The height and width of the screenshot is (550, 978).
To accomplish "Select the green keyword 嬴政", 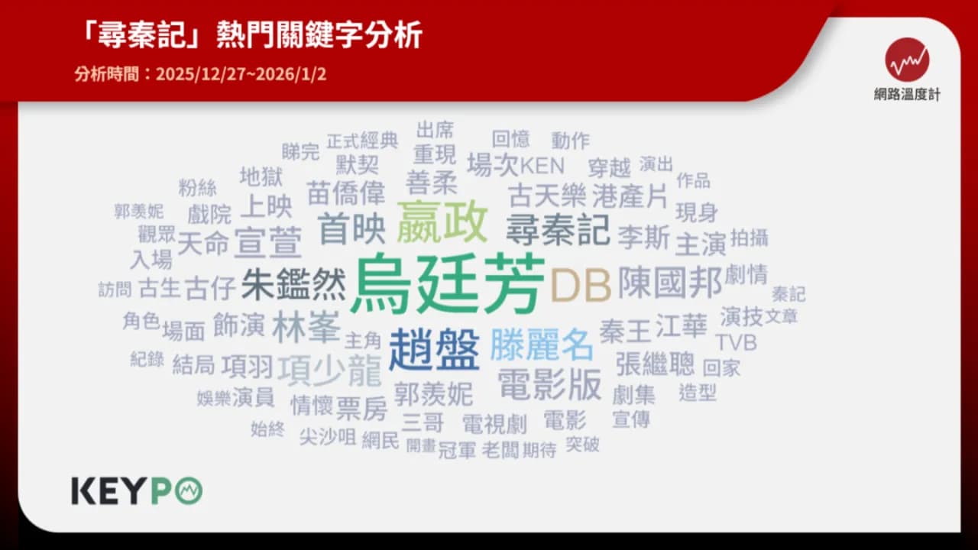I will (x=442, y=221).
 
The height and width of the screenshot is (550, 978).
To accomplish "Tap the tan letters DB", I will (x=581, y=286).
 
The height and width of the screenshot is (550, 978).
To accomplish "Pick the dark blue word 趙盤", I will (x=433, y=349).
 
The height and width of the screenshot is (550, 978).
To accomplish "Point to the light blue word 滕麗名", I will (x=541, y=345).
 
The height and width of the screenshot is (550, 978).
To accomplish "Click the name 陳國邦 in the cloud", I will (x=669, y=281).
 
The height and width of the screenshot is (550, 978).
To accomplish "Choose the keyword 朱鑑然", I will (x=293, y=285).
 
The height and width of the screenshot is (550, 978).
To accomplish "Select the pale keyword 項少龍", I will (x=329, y=371).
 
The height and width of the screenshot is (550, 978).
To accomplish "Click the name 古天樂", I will (x=546, y=196).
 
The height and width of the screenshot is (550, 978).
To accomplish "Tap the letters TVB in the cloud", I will (x=736, y=342).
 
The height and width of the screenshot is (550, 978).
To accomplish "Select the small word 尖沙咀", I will (x=327, y=437).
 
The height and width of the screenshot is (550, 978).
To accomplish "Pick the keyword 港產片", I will (x=630, y=196).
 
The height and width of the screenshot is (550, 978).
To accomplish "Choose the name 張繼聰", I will (x=655, y=364).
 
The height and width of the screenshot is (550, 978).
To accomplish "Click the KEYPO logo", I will (x=137, y=491).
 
